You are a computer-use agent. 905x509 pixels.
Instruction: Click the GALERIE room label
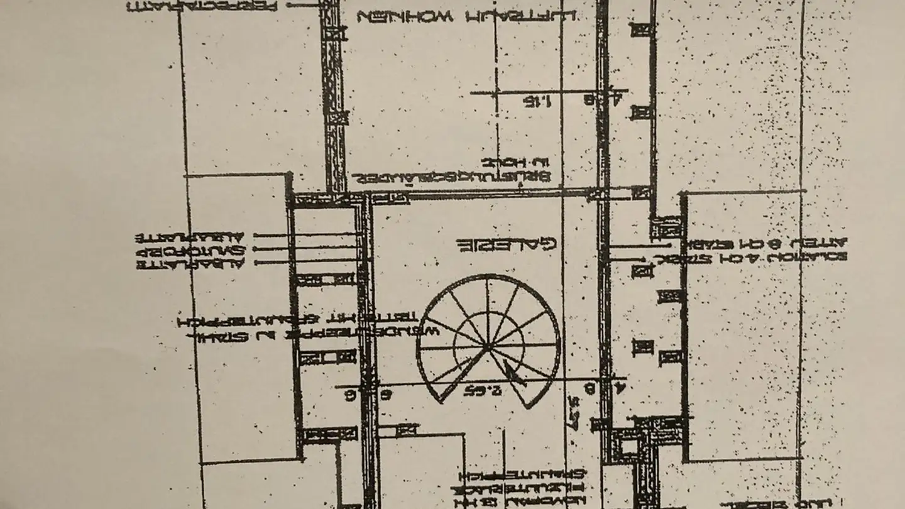pos(507,244)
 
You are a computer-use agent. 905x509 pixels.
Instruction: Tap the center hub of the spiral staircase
pos(488,347)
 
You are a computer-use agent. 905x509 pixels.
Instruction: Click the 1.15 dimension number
pos(538,101)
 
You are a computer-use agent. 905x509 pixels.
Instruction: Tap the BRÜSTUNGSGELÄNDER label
pos(450,178)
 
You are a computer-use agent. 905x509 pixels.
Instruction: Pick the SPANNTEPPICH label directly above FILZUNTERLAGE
pos(522,474)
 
